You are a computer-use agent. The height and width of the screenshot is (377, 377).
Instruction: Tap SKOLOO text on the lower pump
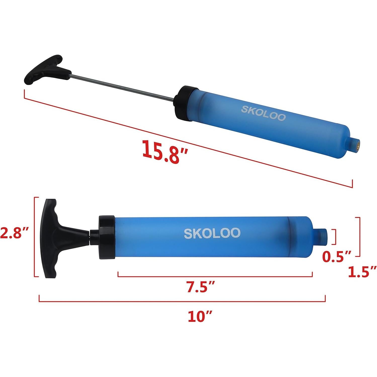coord(212,233)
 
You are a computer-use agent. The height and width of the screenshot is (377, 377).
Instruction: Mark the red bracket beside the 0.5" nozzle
coord(335,237)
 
